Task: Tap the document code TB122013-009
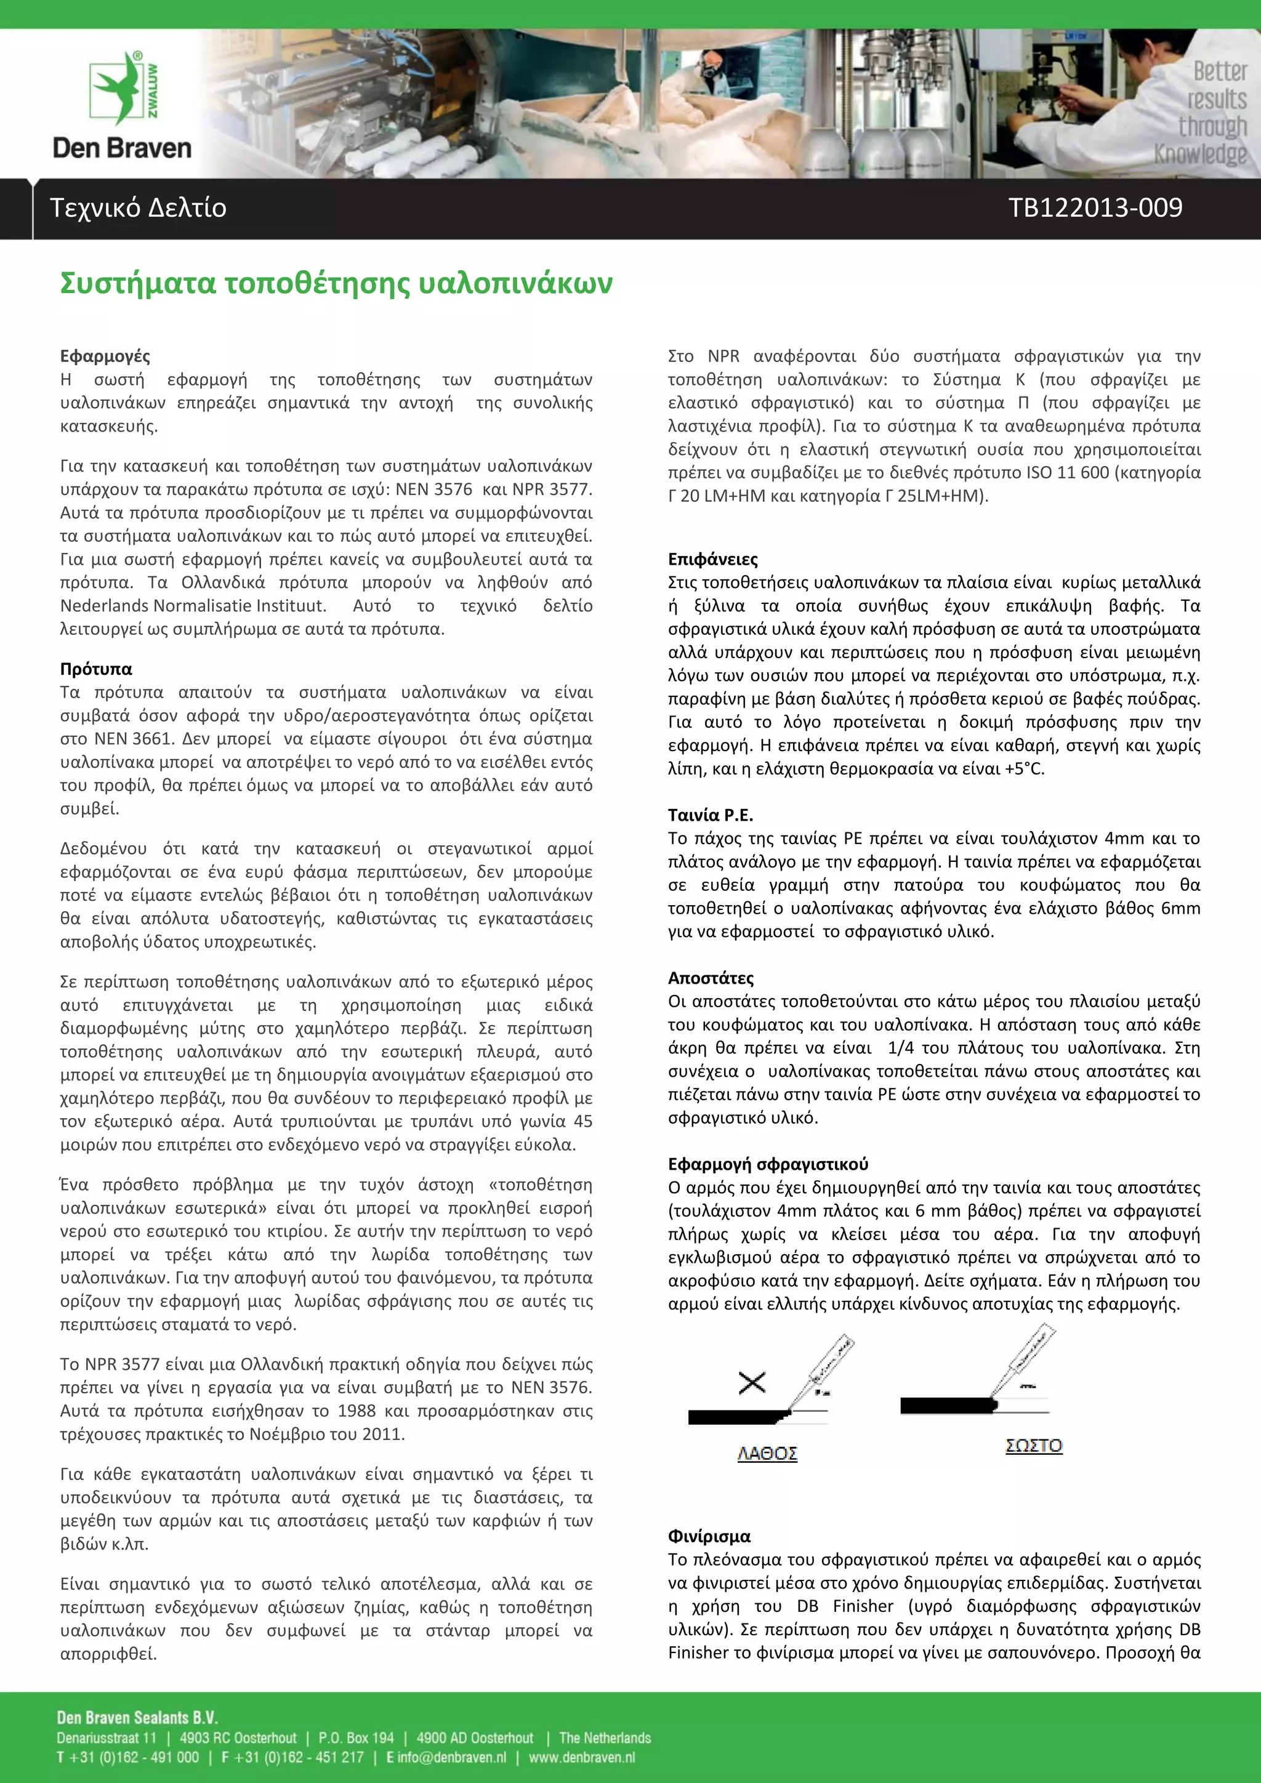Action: coord(1095,208)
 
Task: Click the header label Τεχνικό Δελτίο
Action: coord(138,208)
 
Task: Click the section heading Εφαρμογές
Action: coord(105,356)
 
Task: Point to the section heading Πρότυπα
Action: coord(96,669)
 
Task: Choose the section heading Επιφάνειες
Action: coord(712,559)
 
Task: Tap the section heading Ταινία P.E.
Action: coord(710,815)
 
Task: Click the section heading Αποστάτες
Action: coord(711,978)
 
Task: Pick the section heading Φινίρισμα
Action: coord(709,1536)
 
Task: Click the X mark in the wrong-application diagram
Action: coord(752,1382)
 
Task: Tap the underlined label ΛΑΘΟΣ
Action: coord(767,1453)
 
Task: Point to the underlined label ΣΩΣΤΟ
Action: coord(1034,1445)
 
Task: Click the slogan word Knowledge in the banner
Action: coord(1199,155)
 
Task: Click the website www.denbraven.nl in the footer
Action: coord(582,1757)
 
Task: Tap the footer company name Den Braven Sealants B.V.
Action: coord(137,1717)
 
